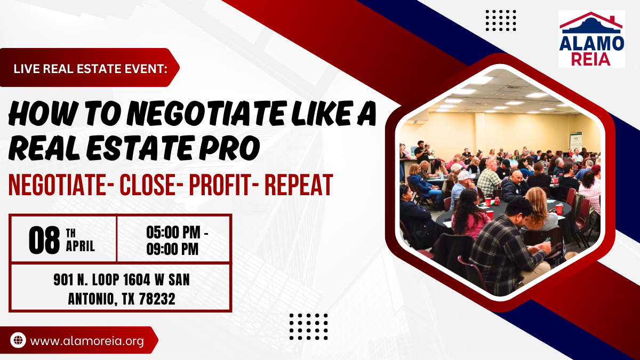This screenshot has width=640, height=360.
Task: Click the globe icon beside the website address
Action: tap(18, 340)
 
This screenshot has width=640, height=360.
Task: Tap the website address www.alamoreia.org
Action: tap(87, 341)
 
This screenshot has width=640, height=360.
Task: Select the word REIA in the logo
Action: tap(590, 59)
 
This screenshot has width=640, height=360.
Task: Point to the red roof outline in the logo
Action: tap(591, 20)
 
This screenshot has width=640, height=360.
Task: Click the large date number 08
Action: tap(44, 241)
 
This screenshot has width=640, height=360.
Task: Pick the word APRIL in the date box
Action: tap(81, 246)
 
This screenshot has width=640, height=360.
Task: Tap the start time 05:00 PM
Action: tap(173, 233)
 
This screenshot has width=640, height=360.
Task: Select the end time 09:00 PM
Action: tap(172, 249)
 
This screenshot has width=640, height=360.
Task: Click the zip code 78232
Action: tap(157, 299)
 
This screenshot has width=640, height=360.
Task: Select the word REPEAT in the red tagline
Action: tap(299, 185)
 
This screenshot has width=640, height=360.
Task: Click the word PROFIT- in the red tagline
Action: tap(225, 185)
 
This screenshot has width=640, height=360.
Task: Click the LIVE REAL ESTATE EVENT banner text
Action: tap(90, 69)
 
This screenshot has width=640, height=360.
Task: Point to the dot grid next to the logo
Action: tap(501, 20)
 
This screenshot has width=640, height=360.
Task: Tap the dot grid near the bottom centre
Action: tap(309, 326)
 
